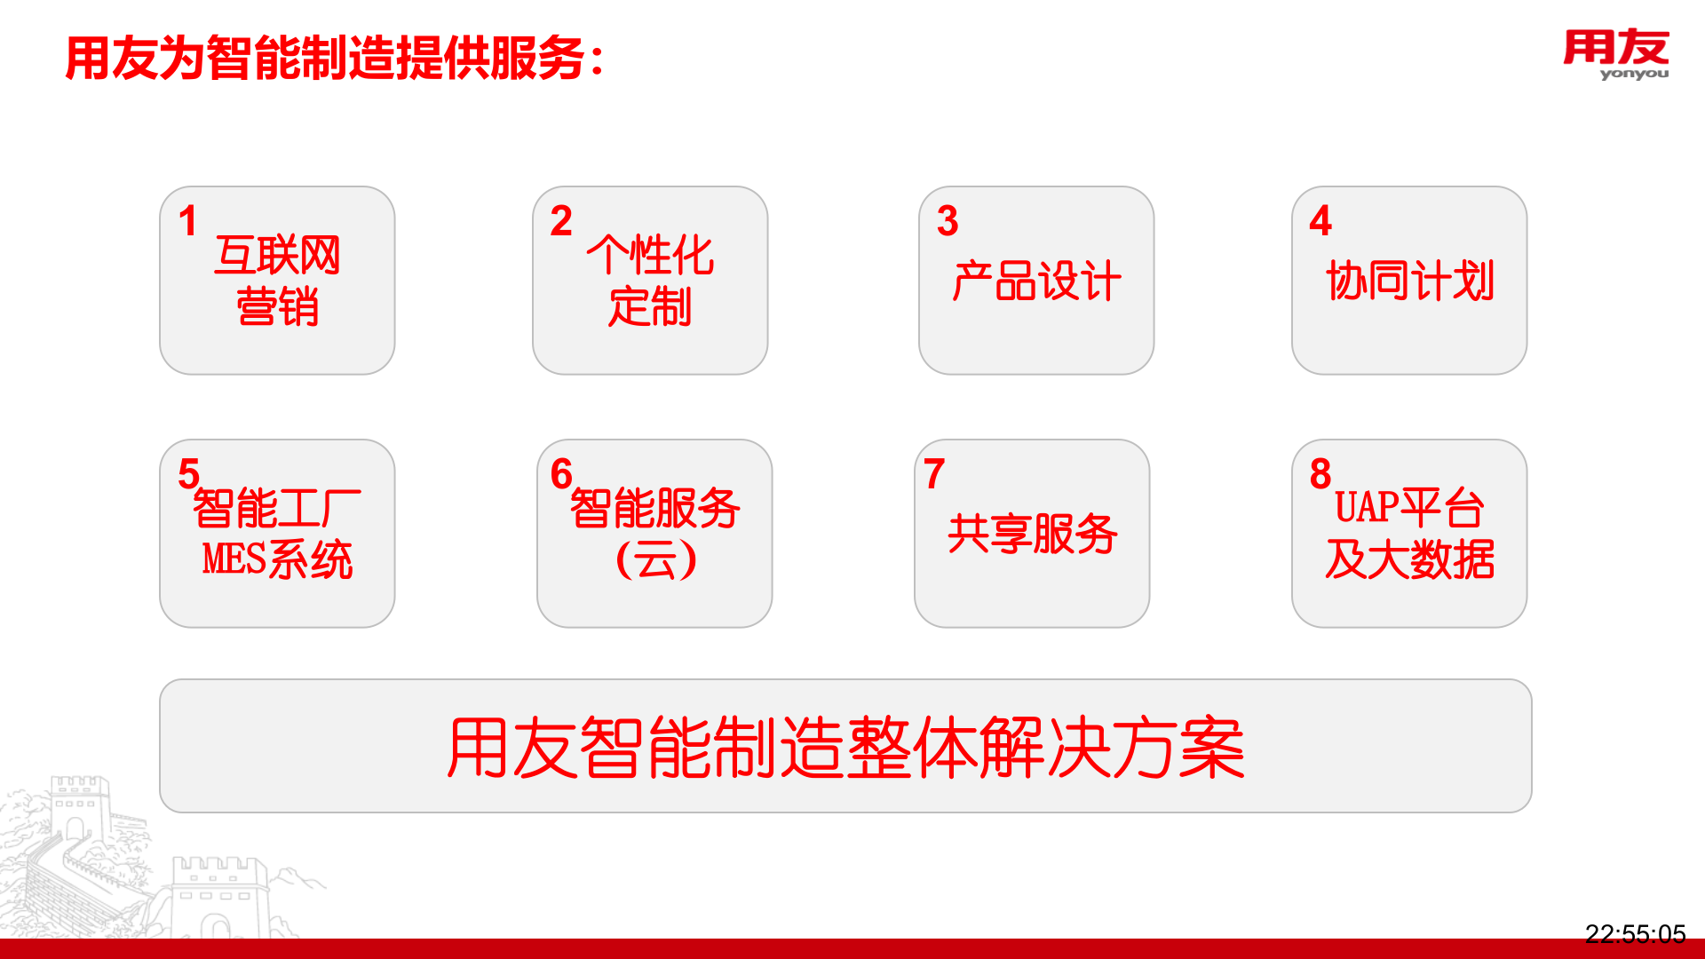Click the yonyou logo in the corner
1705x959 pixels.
[1615, 53]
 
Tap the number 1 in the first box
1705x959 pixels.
[187, 221]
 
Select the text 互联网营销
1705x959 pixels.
[277, 281]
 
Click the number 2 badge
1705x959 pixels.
[561, 221]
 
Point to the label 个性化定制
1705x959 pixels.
[650, 281]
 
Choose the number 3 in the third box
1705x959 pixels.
[948, 221]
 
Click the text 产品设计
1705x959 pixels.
[1036, 281]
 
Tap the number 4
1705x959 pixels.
[1320, 221]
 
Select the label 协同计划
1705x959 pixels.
[1409, 281]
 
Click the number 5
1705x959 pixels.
[188, 474]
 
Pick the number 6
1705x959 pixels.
[561, 474]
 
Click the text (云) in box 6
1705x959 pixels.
[655, 559]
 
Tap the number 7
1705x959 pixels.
[934, 474]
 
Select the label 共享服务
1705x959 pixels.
[1032, 534]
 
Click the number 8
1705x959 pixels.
[1320, 474]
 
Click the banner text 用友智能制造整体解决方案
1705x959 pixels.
[845, 747]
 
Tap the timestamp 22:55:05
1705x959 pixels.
[1635, 933]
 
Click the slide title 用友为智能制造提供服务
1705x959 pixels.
[334, 59]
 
